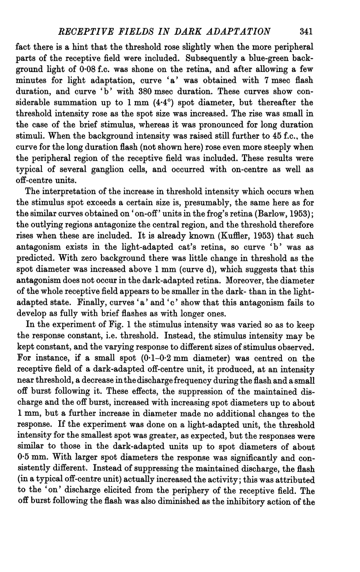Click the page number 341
(x=306, y=31)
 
